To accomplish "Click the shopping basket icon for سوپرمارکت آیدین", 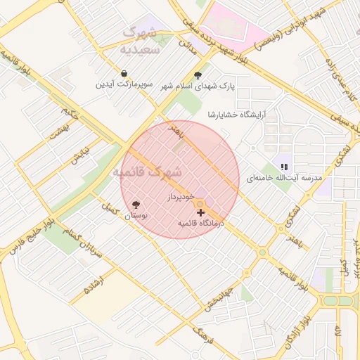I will [x=124, y=73].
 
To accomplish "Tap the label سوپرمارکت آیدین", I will [x=124, y=84].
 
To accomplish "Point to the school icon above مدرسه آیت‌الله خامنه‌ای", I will [x=284, y=167].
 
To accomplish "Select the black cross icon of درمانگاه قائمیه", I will [x=201, y=212].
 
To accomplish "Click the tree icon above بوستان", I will [x=136, y=205].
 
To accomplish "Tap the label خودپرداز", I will [x=181, y=198].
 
